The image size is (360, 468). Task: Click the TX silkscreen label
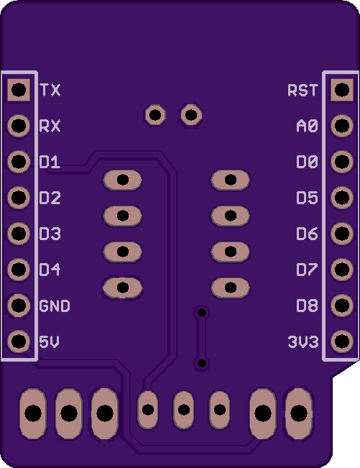tap(50, 90)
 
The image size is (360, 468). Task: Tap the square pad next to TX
tap(19, 90)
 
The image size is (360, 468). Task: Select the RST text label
tap(303, 90)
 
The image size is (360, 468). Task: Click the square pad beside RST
tap(342, 90)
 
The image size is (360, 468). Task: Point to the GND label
tap(55, 306)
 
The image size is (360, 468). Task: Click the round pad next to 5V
tap(19, 341)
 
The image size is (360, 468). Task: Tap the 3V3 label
tap(303, 341)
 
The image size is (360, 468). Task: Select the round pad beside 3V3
tap(342, 341)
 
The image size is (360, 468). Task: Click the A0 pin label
tap(307, 126)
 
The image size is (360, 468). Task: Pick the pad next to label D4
tap(19, 269)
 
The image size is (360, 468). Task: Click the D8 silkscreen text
tap(307, 306)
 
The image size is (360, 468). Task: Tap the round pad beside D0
tap(342, 162)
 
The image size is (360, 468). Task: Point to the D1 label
tap(50, 162)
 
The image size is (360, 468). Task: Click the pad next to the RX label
tap(19, 125)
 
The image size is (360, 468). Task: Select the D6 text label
tap(307, 234)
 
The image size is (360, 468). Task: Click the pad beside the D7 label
tap(342, 269)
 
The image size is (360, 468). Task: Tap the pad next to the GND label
tap(19, 305)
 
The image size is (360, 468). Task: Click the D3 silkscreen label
tap(50, 234)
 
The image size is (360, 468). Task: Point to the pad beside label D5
tap(342, 197)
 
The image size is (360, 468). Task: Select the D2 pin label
tap(50, 198)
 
